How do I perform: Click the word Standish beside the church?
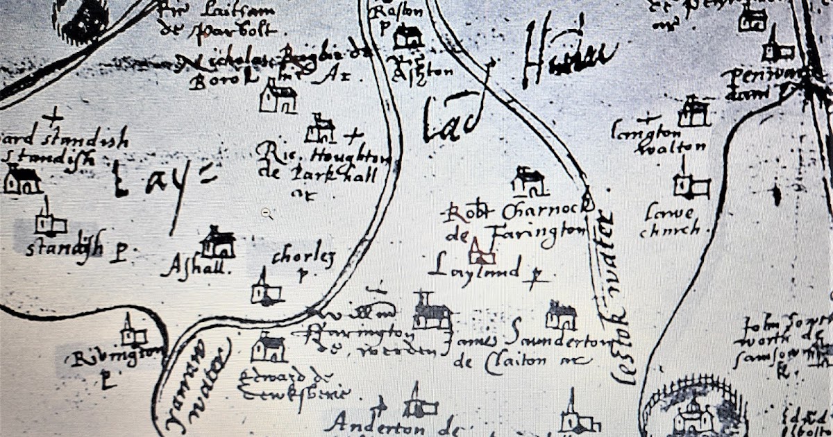pos(65,247)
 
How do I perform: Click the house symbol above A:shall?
pos(218,243)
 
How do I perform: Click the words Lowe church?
pos(669,221)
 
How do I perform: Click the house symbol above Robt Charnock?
pos(530,181)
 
